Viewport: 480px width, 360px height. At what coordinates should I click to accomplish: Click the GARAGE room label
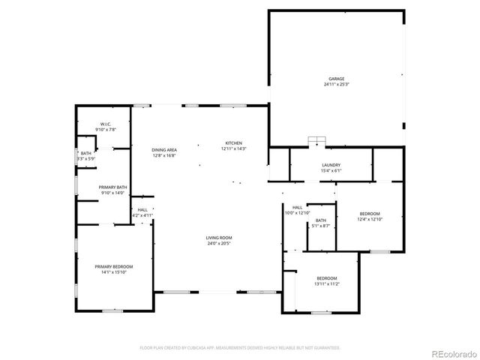click(335, 79)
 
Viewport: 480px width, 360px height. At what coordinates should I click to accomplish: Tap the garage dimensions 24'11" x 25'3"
click(335, 85)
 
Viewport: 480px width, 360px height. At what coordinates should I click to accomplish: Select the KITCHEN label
click(234, 143)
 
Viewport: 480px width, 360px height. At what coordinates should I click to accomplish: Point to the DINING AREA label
click(164, 150)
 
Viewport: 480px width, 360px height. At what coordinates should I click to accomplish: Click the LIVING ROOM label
click(218, 238)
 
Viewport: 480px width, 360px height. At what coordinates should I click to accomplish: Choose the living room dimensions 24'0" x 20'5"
click(218, 244)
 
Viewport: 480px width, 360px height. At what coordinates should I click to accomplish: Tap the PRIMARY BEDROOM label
click(113, 266)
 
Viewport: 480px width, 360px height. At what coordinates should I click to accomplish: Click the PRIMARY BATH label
click(113, 187)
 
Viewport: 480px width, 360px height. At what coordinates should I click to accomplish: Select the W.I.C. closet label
click(106, 124)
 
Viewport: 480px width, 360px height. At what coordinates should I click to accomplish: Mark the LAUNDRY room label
click(331, 165)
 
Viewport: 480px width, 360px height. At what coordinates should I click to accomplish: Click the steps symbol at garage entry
click(321, 142)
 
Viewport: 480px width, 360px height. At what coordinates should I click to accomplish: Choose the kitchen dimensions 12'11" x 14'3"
click(234, 149)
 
